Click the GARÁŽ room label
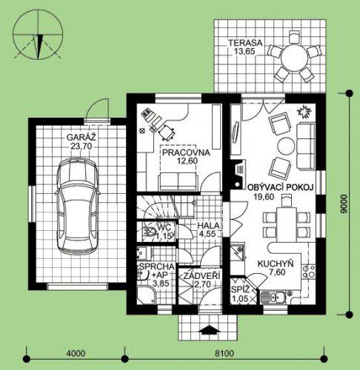click(81, 137)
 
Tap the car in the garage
click(78, 208)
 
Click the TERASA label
click(245, 43)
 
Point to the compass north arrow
click(39, 47)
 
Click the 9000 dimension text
click(343, 203)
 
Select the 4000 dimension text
click(76, 354)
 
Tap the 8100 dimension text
click(224, 354)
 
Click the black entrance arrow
click(210, 330)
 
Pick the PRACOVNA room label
click(187, 152)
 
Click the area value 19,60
click(264, 197)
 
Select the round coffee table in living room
click(286, 146)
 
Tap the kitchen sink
click(273, 297)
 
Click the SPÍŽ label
click(241, 289)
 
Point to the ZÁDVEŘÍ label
click(201, 276)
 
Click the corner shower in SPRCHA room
click(147, 296)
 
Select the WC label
click(164, 226)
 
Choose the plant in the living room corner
click(305, 112)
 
